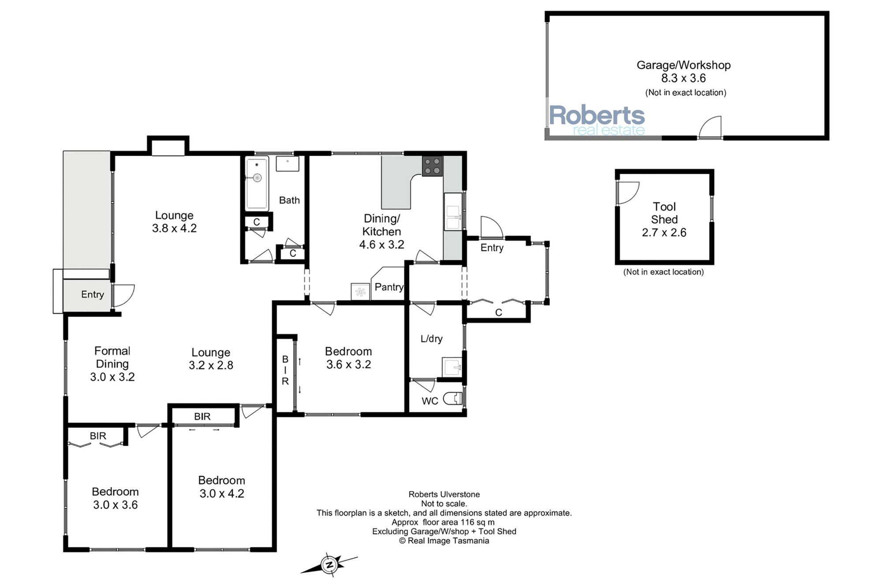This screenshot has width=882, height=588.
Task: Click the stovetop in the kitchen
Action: [x=432, y=166]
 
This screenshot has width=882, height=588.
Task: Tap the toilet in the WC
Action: [x=453, y=399]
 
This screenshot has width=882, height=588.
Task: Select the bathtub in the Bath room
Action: [x=257, y=184]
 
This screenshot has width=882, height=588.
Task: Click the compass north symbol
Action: [x=329, y=565]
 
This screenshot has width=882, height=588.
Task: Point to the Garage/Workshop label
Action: [x=684, y=65]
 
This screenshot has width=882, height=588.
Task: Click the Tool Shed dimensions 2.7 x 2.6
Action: [x=664, y=232]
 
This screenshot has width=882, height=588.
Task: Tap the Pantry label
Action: [x=389, y=287]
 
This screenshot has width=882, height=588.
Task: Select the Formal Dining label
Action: [x=112, y=357]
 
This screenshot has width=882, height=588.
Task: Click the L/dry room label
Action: [x=431, y=339]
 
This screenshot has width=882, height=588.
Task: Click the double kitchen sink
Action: [x=453, y=212]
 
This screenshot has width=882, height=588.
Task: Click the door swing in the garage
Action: [x=710, y=127]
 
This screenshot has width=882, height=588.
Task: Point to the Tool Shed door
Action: [x=628, y=193]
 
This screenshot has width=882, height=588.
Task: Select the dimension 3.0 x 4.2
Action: [x=222, y=494]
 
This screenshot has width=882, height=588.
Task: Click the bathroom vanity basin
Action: [x=288, y=164]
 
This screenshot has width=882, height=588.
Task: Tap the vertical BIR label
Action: [x=285, y=370]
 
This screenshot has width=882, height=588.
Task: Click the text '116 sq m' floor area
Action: [x=478, y=522]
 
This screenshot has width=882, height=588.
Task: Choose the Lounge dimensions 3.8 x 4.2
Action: [x=174, y=228]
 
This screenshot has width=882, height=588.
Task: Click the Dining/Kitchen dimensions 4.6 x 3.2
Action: [x=381, y=244]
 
